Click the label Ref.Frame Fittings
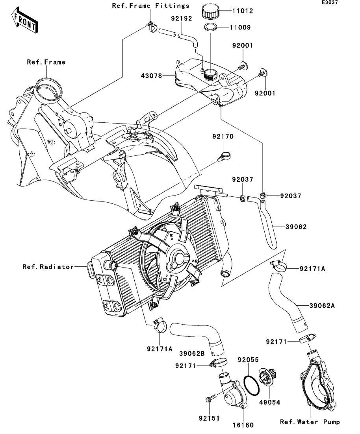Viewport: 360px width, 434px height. click(150, 6)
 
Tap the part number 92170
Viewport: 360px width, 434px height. click(223, 137)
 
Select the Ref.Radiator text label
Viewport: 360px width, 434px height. click(48, 267)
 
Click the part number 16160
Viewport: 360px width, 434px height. click(243, 425)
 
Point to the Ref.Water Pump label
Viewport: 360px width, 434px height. click(310, 422)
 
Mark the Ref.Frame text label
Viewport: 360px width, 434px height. click(46, 62)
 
